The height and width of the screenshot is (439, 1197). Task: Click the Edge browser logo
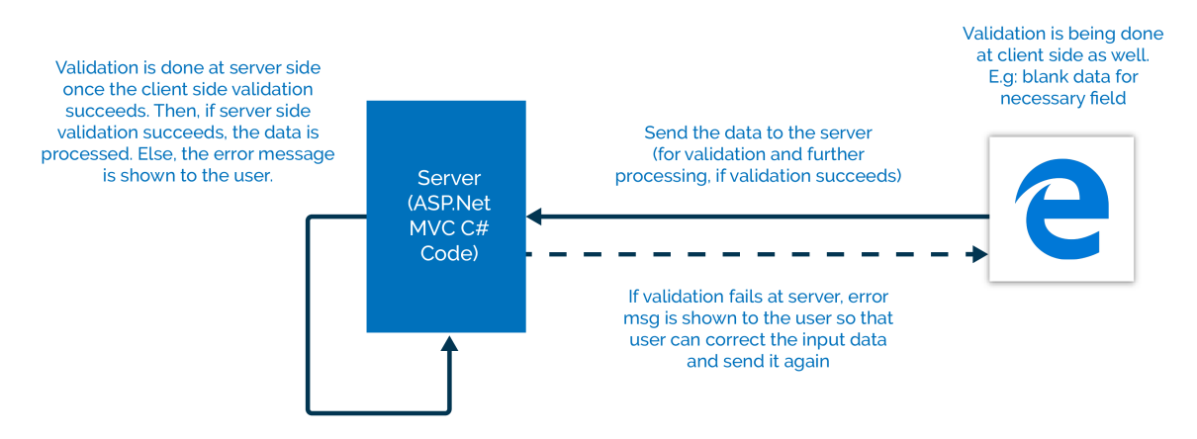point(1061,209)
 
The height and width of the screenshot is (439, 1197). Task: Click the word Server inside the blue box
point(449,178)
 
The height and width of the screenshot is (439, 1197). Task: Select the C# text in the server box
point(475,228)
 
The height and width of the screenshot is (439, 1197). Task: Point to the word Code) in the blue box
point(449,253)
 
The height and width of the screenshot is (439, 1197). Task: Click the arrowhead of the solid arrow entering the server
point(534,217)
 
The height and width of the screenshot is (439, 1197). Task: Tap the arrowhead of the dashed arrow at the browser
point(980,254)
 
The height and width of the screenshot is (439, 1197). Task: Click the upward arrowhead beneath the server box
point(449,343)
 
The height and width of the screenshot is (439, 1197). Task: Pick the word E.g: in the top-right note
point(1003,77)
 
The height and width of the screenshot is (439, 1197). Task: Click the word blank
point(1045,76)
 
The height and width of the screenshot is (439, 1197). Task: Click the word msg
point(641,318)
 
